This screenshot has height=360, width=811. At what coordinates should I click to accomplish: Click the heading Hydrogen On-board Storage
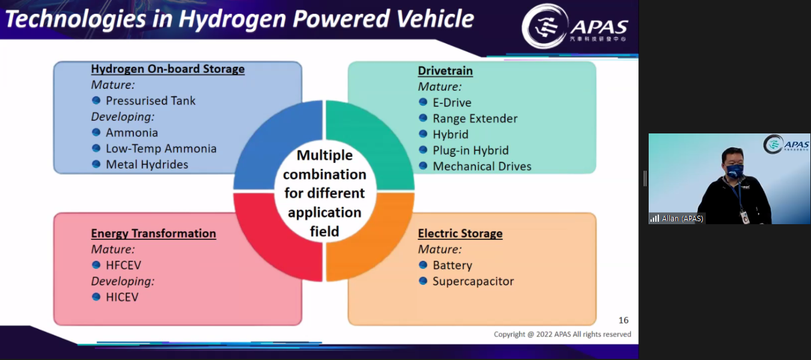coord(168,69)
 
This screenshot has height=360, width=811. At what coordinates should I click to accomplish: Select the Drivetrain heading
coord(445,70)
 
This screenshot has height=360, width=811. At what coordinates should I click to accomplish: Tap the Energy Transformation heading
coord(153,233)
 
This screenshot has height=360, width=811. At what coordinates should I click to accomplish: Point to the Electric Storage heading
coord(460,233)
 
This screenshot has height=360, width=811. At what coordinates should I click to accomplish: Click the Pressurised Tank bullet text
coord(150,100)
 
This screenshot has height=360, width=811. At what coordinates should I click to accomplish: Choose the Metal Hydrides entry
coord(147,165)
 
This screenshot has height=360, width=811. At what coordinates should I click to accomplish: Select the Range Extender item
coord(475,118)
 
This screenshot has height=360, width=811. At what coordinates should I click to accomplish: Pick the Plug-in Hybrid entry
coord(471,150)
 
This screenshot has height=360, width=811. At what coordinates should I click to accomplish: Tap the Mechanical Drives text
coord(482,166)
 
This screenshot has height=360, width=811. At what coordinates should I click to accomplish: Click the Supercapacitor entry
coord(473,281)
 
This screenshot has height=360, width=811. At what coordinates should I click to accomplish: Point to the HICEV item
coord(122,297)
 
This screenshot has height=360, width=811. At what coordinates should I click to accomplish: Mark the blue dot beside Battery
coord(423,265)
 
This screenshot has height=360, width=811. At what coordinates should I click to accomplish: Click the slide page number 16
coord(623,320)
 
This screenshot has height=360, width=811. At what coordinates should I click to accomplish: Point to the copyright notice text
coord(562,334)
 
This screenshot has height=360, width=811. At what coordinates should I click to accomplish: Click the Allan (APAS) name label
coord(682,219)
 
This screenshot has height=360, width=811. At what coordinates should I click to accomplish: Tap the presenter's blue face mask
coord(735,171)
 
